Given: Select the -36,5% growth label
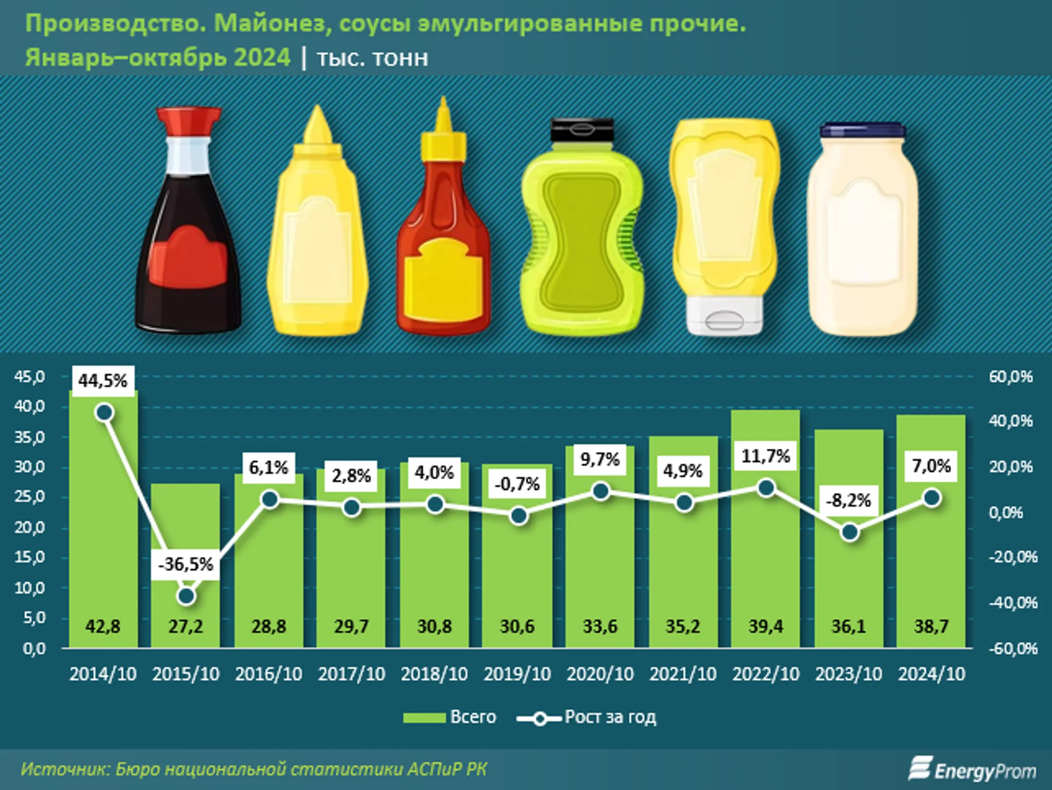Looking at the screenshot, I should [186, 564].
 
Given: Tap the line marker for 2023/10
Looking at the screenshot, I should [850, 532].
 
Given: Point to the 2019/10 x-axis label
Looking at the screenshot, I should [517, 674].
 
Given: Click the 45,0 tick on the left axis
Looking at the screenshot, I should [29, 376].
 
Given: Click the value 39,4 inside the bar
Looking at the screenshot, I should [766, 626].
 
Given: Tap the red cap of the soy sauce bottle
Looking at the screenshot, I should [189, 122].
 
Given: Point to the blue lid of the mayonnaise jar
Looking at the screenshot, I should [863, 130].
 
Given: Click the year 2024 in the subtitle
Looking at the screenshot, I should [262, 57].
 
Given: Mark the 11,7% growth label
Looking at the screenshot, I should [766, 456].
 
